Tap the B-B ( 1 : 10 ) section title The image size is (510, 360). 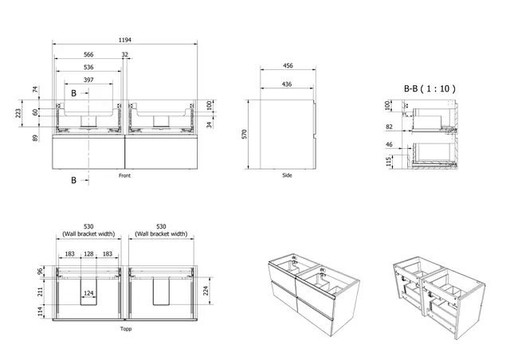pyautogui.click(x=429, y=90)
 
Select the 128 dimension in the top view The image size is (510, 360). pyautogui.click(x=89, y=253)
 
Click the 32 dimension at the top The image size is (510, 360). pyautogui.click(x=125, y=55)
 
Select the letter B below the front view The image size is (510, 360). pyautogui.click(x=74, y=181)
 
